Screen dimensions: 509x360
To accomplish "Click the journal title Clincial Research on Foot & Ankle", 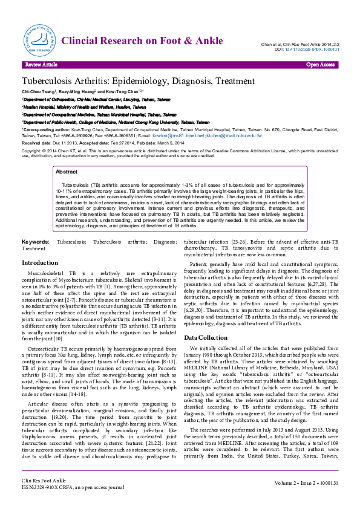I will [146, 40].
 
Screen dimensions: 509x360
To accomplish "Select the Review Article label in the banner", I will [41, 64].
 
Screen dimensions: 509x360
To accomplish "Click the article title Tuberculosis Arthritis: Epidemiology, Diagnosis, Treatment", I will [139, 81].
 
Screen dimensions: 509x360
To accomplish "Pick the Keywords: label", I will [35, 242].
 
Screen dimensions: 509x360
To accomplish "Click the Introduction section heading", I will [40, 263].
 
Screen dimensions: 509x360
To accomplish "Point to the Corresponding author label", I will [45, 130].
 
